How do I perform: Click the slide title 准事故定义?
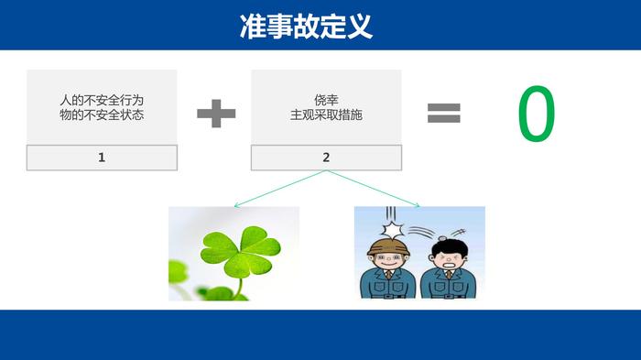[x=306, y=27]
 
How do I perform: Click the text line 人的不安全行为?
[x=102, y=100]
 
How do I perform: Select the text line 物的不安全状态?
[x=102, y=115]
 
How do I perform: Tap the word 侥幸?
[x=326, y=100]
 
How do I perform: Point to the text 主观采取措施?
[x=326, y=115]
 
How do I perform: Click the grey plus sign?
[x=216, y=114]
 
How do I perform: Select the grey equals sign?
[x=444, y=113]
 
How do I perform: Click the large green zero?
[x=537, y=114]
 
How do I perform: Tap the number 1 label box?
[x=102, y=158]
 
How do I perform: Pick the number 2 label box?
[x=326, y=158]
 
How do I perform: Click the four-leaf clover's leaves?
[x=241, y=250]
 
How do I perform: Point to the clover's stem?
[x=239, y=288]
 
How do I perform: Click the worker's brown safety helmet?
[x=386, y=245]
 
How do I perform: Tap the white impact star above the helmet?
[x=393, y=230]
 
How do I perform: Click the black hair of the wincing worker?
[x=450, y=248]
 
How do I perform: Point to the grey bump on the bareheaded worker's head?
[x=442, y=239]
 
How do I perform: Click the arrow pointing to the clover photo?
[x=280, y=189]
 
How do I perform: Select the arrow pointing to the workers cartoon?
[x=373, y=189]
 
